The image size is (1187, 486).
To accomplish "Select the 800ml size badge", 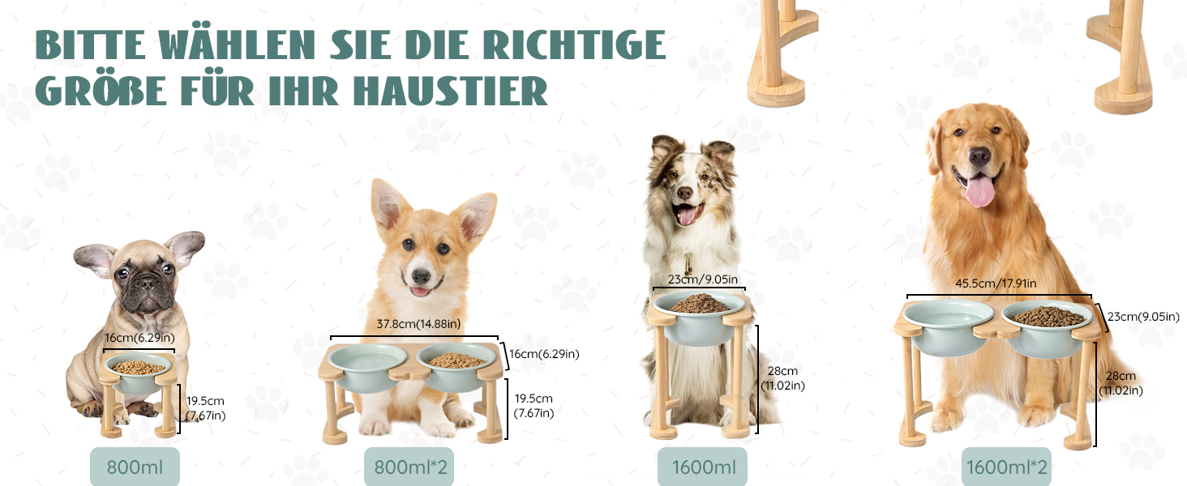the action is pos(135,467).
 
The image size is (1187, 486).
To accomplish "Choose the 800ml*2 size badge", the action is pos(409,467).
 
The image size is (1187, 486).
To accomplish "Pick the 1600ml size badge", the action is pos(703,467).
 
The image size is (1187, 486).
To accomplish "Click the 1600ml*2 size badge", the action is pos(1006,467).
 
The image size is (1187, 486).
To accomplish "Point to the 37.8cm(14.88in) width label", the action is pos(418,323).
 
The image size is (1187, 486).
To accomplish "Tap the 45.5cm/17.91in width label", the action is pos(996,283).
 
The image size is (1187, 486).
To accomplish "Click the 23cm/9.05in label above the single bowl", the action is pos(703,279).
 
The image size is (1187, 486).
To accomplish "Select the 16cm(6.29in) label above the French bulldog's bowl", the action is pos(139,337).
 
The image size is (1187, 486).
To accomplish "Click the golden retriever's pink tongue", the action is pos(979,190).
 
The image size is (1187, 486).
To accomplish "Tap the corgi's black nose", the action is pos(422,276).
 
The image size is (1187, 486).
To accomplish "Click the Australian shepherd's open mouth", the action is pos(688,213).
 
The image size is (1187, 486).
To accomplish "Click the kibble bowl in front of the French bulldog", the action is pos(139,373).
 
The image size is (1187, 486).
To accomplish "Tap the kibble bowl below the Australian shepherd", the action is pos(699,316).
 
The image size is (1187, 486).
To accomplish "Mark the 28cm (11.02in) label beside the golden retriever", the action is pos(1121,383).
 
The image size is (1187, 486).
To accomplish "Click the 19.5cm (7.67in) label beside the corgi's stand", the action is pos(534,406).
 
